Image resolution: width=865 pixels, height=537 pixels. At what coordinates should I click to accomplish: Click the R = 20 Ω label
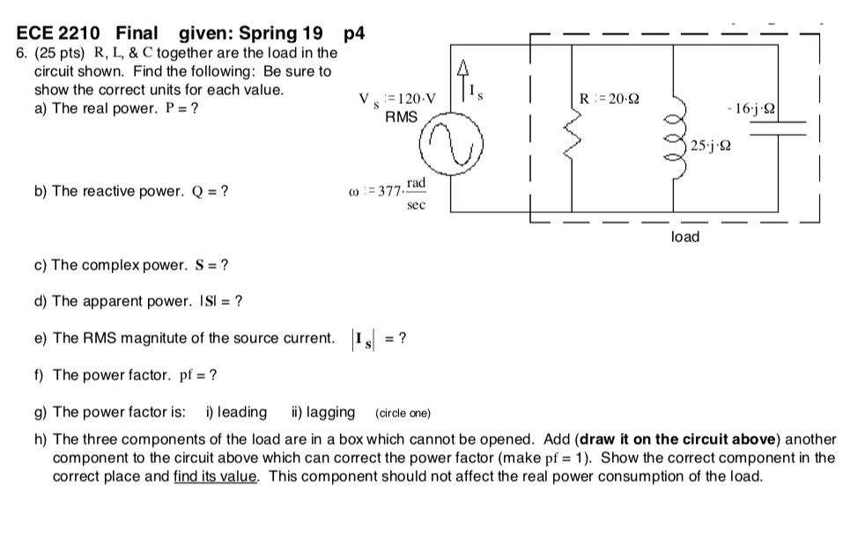click(x=609, y=98)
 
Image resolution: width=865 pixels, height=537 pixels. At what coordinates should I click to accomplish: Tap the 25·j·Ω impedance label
click(x=710, y=146)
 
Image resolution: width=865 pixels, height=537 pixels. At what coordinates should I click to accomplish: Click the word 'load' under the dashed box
click(x=684, y=237)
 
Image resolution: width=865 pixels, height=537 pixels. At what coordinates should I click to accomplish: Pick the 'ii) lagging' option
click(x=323, y=412)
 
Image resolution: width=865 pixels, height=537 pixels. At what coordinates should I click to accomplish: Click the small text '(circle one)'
click(x=403, y=413)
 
